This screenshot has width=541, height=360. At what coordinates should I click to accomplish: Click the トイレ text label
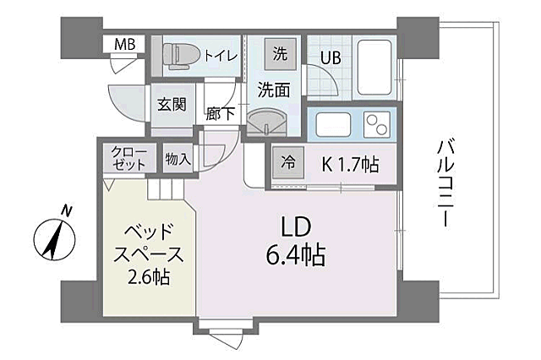220,55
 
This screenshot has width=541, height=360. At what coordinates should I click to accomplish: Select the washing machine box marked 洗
279,52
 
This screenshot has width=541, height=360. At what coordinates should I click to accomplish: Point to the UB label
329,58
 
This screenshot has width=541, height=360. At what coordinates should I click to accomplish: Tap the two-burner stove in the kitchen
378,125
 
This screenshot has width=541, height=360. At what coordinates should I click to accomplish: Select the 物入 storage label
177,158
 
